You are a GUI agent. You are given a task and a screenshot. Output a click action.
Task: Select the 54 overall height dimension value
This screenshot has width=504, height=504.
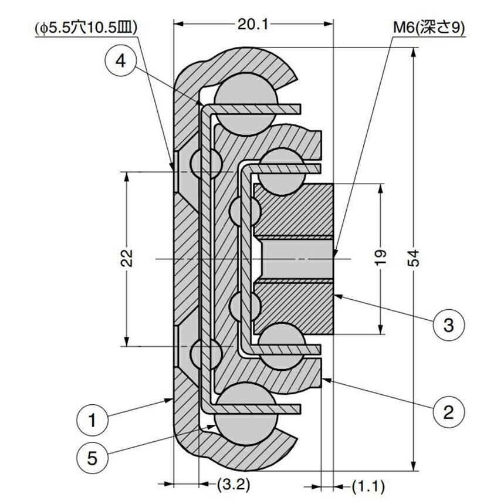coord(414,258)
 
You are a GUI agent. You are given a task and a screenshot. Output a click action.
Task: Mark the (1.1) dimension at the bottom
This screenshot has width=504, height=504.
coord(368,485)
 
